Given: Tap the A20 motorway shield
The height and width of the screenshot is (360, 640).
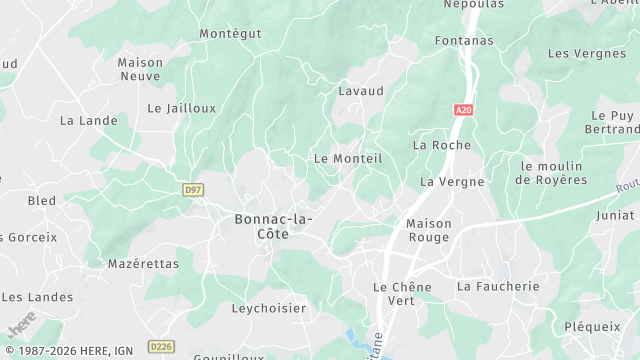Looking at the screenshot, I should [x=462, y=110].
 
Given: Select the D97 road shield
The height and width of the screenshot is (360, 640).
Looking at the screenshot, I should [x=194, y=188].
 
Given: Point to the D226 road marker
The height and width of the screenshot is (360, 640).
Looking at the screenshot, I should [x=160, y=346].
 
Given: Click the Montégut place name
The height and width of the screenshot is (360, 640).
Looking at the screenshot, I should [x=230, y=33].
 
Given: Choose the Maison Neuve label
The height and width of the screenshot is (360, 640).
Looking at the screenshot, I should [x=140, y=68].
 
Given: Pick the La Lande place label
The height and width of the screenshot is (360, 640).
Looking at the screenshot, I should [x=88, y=120].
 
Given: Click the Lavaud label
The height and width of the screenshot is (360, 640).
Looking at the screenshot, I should [x=361, y=90].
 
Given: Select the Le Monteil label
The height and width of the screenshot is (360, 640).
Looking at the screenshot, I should [x=348, y=158].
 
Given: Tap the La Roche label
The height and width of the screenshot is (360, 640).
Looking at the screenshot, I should [x=441, y=145].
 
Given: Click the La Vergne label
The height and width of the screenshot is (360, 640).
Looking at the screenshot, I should [x=452, y=182].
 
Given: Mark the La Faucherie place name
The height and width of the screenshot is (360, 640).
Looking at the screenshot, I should [x=497, y=286].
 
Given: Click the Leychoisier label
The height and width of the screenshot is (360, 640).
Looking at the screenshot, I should [x=269, y=309].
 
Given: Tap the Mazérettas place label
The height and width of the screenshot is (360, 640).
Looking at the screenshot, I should [x=143, y=264].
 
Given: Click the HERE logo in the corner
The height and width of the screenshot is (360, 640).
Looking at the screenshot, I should [x=20, y=326].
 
